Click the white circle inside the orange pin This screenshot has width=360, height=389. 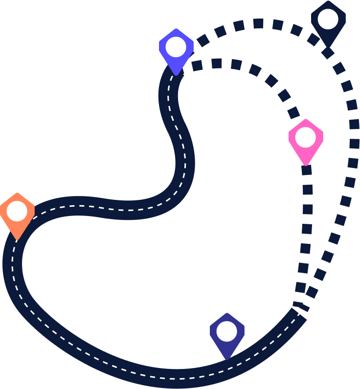17,211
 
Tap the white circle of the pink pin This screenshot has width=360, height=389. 306,137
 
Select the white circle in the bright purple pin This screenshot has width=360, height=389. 176,47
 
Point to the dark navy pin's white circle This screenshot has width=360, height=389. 328,19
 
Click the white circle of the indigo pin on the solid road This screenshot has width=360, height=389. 227,331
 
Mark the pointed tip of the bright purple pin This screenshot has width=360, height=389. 176,75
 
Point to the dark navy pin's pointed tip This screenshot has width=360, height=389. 328,47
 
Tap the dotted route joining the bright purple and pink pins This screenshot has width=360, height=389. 254,70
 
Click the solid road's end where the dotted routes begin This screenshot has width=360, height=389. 299,313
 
